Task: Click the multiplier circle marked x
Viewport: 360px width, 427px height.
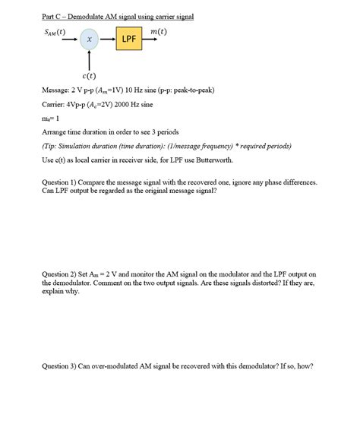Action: [x=90, y=39]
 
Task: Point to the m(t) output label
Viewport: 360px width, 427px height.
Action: [x=159, y=31]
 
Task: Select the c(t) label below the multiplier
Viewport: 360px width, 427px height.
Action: [x=89, y=76]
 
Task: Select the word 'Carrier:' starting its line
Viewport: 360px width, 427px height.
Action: [x=55, y=104]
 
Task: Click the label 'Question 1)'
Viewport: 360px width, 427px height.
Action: [x=61, y=182]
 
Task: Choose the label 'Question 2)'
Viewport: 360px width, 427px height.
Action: [x=61, y=274]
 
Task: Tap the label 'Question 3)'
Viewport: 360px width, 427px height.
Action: [x=61, y=365]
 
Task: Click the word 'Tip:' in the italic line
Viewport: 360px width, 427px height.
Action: [x=52, y=145]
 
